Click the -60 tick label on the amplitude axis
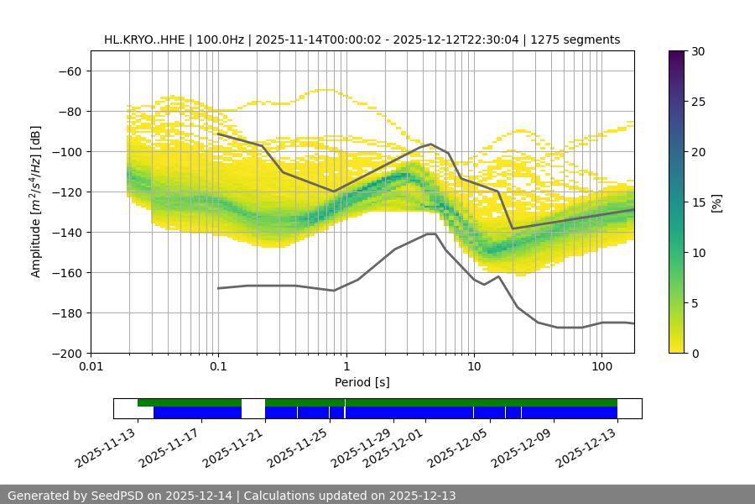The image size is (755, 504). [x=69, y=71]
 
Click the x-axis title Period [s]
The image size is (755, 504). [x=362, y=382]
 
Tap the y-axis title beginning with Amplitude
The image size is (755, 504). [x=36, y=202]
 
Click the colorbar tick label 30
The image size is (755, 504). [x=697, y=51]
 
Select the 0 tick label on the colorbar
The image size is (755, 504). [x=694, y=353]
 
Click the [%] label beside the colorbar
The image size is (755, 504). [x=716, y=202]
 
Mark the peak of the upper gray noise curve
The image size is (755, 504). [x=430, y=144]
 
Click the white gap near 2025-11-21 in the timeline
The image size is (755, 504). [x=253, y=408]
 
